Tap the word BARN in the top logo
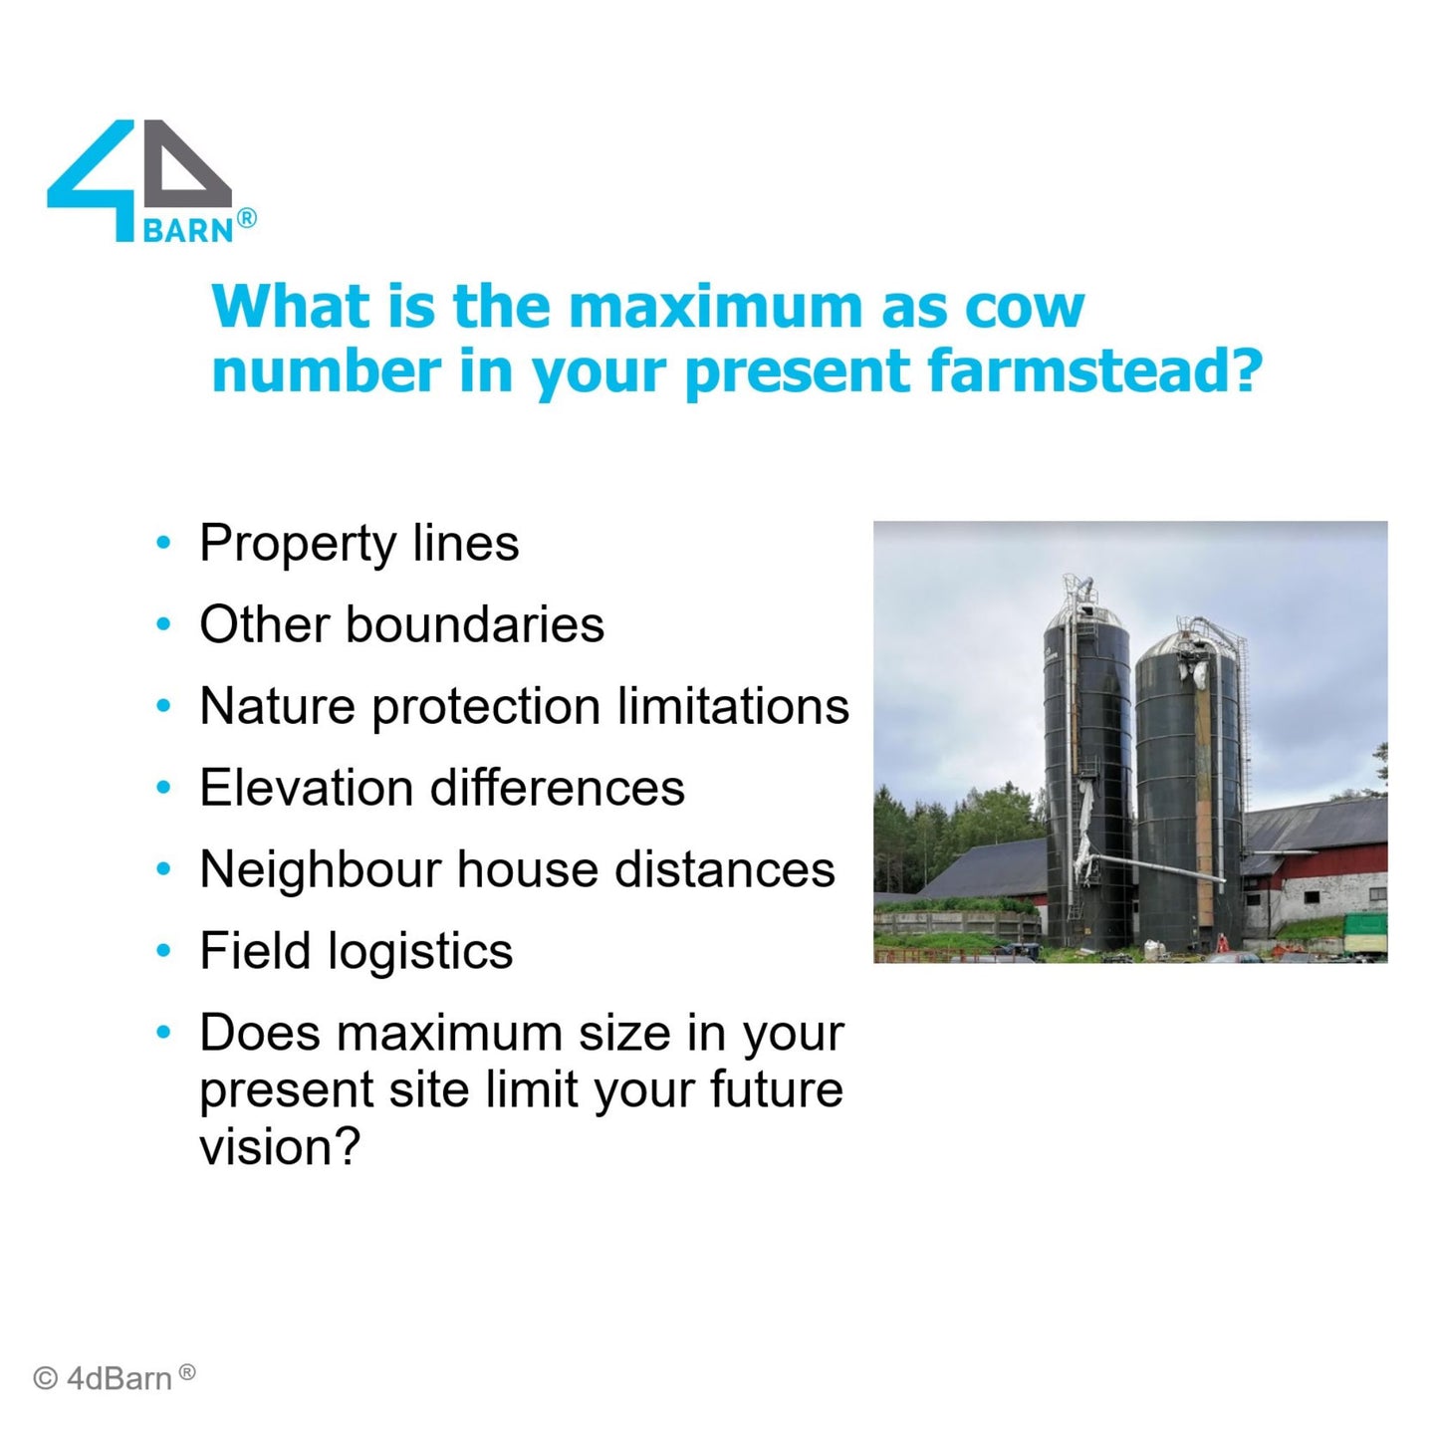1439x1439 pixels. (x=189, y=230)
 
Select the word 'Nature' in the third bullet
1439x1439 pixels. (x=277, y=706)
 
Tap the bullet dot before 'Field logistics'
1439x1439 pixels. (x=162, y=951)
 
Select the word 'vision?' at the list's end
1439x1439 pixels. (x=280, y=1145)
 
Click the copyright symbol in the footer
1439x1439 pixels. (x=45, y=1378)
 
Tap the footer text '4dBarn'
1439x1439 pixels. (x=120, y=1378)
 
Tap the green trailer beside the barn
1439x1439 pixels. (x=1365, y=933)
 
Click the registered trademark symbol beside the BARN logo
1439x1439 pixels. (x=246, y=218)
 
